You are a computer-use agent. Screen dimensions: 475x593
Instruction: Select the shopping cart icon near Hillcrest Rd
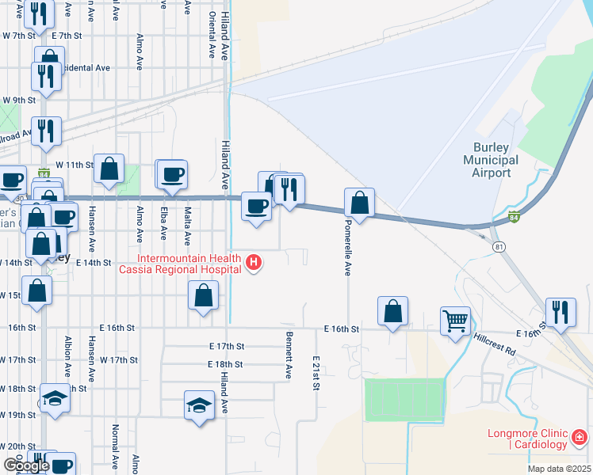455,321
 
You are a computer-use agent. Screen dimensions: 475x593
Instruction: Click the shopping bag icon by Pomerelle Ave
360,202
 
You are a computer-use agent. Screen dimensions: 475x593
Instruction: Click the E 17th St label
227,346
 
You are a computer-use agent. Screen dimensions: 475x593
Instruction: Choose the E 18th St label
227,364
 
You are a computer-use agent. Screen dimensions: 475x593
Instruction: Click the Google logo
26,465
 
